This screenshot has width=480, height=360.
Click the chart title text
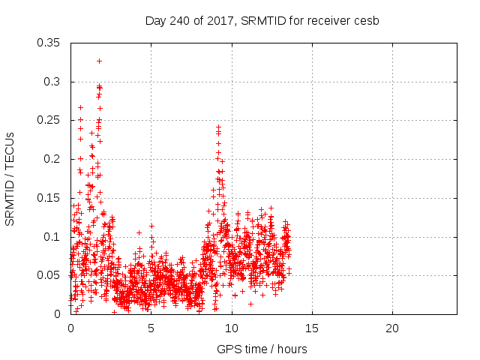(x=262, y=20)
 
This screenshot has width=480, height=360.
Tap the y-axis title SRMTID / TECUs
(x=10, y=178)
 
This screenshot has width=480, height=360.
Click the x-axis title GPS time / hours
(x=262, y=349)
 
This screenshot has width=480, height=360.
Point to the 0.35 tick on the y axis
(x=51, y=43)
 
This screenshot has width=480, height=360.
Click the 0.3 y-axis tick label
(x=55, y=82)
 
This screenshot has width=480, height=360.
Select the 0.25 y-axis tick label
(x=51, y=120)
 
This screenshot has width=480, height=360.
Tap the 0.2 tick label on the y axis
(x=55, y=159)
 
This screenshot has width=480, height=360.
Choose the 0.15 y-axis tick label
(x=51, y=198)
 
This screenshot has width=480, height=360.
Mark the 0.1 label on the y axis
(x=55, y=237)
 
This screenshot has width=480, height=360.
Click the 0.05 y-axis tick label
(x=51, y=275)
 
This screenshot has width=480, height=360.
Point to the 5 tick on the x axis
(x=151, y=328)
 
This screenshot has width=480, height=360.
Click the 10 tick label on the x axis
(x=232, y=328)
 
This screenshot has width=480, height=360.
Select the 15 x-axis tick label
(x=312, y=328)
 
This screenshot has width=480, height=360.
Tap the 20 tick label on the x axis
(x=392, y=328)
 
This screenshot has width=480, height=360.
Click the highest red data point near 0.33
(x=99, y=61)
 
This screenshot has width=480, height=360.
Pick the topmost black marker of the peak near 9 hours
(x=218, y=127)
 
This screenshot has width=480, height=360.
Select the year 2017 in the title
(x=223, y=20)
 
